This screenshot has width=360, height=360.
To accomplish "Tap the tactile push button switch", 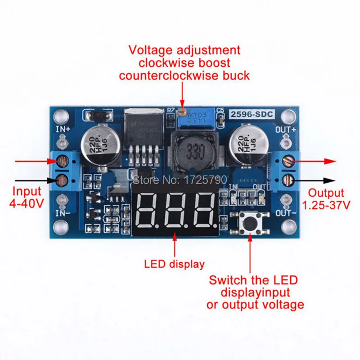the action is click(249, 221).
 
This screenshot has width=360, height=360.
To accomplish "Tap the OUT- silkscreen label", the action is click(286, 212).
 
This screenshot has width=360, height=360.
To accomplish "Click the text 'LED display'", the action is click(174, 264).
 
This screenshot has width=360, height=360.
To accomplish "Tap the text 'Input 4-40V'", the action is click(27, 197).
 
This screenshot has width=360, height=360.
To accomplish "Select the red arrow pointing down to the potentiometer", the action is click(182, 97).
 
